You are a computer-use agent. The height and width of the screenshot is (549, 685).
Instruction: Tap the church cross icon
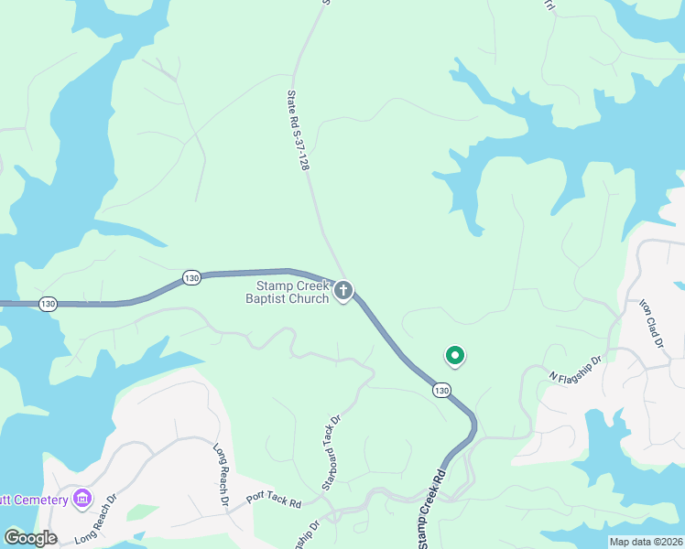pyautogui.click(x=343, y=291)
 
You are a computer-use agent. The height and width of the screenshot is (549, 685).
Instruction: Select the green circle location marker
pyautogui.click(x=454, y=355)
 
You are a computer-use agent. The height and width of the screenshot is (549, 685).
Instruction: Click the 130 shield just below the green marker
pyautogui.click(x=442, y=391)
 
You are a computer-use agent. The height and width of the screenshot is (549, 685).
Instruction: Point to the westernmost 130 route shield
pyautogui.click(x=49, y=302)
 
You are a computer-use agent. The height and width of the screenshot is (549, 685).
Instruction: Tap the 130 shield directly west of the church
pyautogui.click(x=191, y=277)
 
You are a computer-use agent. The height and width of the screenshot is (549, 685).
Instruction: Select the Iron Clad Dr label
pyautogui.click(x=650, y=323)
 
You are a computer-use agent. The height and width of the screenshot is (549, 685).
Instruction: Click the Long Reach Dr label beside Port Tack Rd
pyautogui.click(x=221, y=476)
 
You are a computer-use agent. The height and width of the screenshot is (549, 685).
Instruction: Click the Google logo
pyautogui.click(x=30, y=538)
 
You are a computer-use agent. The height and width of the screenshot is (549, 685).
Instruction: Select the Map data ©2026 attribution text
pyautogui.click(x=646, y=542)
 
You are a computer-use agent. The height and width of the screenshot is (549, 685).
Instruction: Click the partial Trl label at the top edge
pyautogui.click(x=549, y=5)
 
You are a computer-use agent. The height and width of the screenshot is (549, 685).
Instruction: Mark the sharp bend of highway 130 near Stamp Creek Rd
pyautogui.click(x=473, y=423)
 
